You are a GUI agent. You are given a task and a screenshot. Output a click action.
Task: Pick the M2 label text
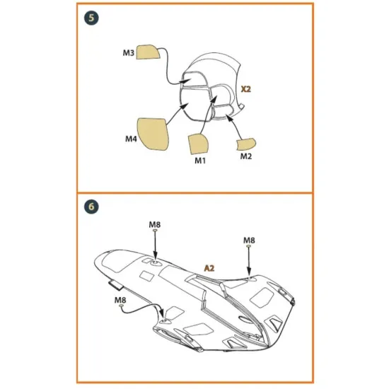coord(245,156)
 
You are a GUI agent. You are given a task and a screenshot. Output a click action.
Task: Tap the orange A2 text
coord(209,268)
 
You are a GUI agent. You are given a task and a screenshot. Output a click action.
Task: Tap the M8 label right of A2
coord(249,240)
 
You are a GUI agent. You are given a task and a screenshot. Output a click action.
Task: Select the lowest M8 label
coord(121,300)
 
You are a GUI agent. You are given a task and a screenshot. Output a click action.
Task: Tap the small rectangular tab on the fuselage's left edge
coord(115,286)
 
